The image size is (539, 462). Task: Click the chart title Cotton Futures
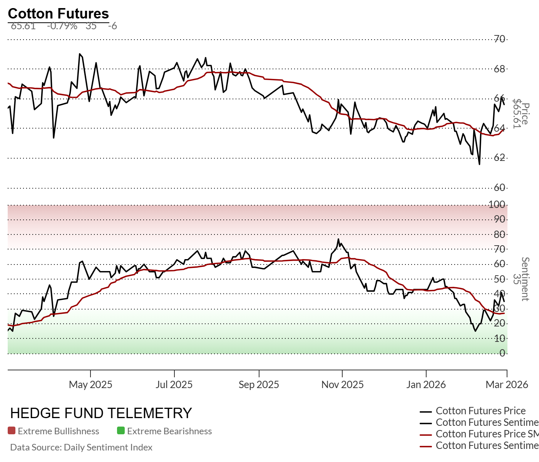[59, 13]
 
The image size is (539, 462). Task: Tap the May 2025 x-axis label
[90, 385]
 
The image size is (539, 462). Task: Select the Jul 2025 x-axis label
[174, 385]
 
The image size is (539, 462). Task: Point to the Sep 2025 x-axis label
[259, 385]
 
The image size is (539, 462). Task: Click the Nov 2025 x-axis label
[342, 385]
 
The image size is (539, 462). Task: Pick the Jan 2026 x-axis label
[426, 385]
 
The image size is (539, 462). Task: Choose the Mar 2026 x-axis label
[507, 385]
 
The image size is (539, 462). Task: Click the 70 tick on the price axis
[500, 39]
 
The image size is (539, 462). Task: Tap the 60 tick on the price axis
[500, 187]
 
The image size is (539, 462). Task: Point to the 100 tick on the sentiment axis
[497, 204]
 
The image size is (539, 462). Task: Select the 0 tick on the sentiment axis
[502, 353]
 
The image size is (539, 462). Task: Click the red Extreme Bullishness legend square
[12, 431]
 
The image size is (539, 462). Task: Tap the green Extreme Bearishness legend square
[121, 431]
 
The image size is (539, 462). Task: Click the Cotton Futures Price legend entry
[480, 411]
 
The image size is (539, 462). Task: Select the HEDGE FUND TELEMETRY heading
[101, 413]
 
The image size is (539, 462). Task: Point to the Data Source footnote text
[81, 447]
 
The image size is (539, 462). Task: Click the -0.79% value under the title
[62, 26]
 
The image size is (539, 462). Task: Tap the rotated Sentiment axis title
[525, 279]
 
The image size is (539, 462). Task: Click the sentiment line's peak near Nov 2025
[338, 239]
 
